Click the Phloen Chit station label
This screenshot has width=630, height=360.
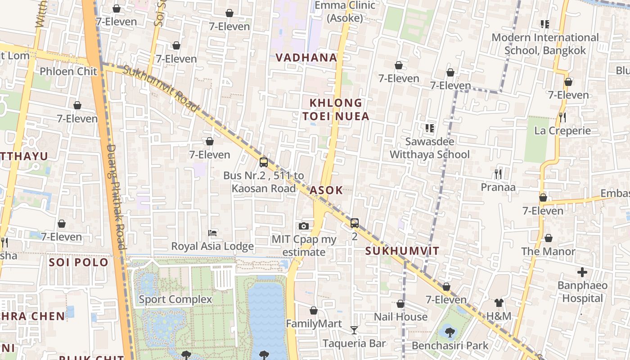(68, 71)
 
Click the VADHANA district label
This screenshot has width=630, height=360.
(306, 58)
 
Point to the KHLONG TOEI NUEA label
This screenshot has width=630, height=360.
(336, 110)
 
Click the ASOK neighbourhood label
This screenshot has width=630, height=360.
(326, 190)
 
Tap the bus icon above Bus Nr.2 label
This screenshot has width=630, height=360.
(264, 162)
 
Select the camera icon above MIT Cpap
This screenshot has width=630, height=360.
(304, 226)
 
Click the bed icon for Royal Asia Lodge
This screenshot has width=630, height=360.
(212, 233)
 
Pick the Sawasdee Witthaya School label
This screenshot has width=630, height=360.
(429, 148)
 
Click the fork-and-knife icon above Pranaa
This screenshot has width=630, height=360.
(498, 174)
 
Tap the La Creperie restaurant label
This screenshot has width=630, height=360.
(562, 131)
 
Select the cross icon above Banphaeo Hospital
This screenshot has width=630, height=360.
(582, 272)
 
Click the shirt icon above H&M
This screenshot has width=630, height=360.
(499, 303)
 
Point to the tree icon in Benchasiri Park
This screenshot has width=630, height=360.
(449, 333)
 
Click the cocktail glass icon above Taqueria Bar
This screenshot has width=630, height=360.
(354, 330)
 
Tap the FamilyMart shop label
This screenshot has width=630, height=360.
(314, 324)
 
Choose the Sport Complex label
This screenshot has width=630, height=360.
(175, 299)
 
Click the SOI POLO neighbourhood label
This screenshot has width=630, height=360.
(79, 262)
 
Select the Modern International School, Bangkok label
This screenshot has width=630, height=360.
(545, 44)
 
